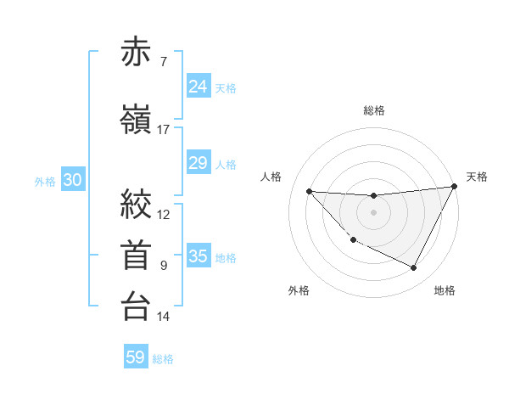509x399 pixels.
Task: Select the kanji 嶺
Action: tap(137, 120)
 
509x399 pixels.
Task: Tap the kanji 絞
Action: tap(137, 205)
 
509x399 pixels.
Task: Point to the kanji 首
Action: tap(137, 256)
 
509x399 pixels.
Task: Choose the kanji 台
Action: tap(137, 306)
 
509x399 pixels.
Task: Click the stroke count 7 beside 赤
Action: tap(163, 61)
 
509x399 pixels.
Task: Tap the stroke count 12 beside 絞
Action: tap(164, 214)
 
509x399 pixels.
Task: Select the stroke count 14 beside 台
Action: tap(164, 316)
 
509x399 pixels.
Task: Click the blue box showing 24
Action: tap(199, 87)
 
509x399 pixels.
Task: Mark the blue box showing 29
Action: tap(199, 163)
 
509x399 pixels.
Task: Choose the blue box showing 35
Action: tap(199, 256)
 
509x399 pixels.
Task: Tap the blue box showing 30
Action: tap(72, 180)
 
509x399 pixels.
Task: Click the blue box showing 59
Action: tap(136, 357)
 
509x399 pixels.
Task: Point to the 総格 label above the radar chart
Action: tap(374, 110)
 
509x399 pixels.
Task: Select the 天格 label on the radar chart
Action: tap(477, 177)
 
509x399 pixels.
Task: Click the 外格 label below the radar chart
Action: tap(299, 290)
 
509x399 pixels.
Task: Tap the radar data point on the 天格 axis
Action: tap(455, 187)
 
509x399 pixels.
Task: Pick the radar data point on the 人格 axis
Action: tap(309, 191)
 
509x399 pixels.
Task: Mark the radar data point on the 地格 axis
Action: tap(414, 268)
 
